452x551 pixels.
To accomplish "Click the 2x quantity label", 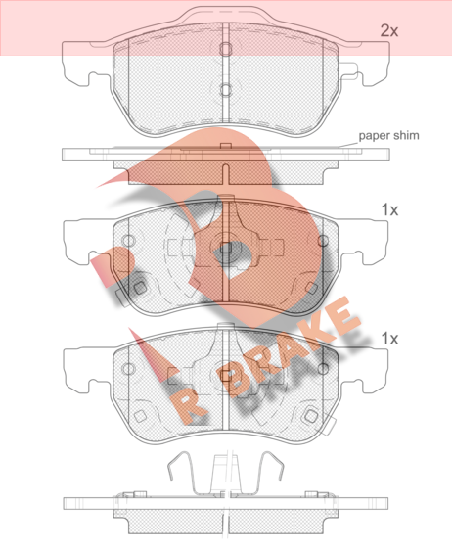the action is (389, 31).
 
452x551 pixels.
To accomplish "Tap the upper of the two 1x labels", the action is (389, 209).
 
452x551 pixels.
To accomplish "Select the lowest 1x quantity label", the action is (389, 339).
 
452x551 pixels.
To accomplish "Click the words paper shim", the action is (388, 135).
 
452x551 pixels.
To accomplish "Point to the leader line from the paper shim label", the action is (348, 144).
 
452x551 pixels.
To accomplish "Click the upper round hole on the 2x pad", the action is (226, 49).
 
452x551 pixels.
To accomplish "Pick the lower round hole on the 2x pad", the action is (226, 90).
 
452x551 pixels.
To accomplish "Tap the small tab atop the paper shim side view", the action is (225, 146).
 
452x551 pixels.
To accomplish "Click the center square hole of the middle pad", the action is (225, 248).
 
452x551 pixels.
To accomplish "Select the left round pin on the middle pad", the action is (128, 241).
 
